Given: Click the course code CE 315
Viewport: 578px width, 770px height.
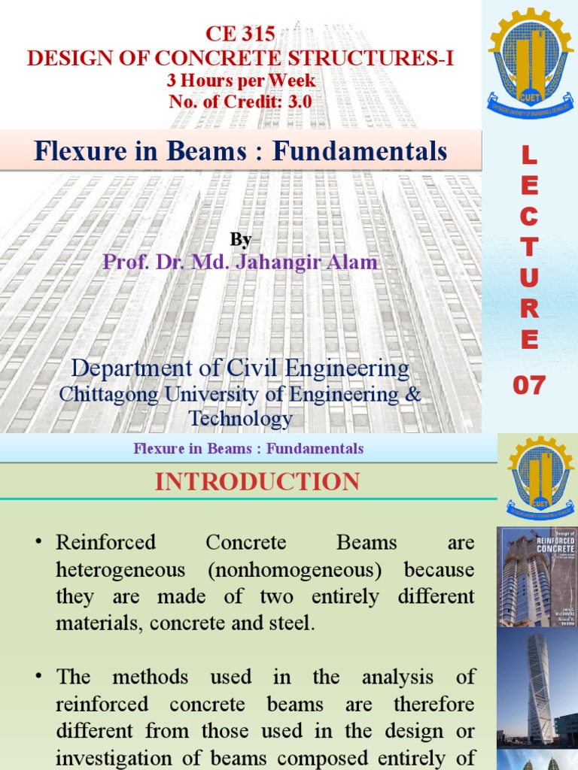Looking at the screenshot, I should click(x=240, y=35).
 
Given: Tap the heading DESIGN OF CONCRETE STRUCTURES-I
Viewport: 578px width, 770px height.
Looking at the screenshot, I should click(x=240, y=57).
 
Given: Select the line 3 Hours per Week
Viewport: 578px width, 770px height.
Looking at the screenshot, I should click(x=241, y=80).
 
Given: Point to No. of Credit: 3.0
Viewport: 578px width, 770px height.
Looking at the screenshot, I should click(x=240, y=102).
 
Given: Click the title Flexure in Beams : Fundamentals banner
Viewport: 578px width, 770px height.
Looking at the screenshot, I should click(x=241, y=152).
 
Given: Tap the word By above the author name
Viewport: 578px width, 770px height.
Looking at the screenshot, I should click(x=241, y=239).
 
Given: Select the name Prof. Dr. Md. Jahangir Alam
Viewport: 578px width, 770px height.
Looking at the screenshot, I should click(x=241, y=262).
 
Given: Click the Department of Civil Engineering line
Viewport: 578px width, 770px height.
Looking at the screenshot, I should click(x=241, y=369).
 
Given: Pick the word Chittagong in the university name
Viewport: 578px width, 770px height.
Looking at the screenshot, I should click(x=105, y=394).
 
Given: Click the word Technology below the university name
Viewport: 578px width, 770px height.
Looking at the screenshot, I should click(x=241, y=419).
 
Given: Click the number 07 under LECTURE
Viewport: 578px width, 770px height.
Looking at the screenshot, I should click(x=530, y=386).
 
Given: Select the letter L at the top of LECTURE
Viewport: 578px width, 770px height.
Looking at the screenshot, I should click(x=530, y=156).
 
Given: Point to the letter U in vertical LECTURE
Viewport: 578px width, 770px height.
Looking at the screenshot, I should click(x=530, y=277).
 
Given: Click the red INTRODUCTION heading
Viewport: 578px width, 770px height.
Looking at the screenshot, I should click(x=257, y=482).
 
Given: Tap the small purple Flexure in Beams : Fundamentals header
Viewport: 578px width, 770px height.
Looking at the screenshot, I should click(x=248, y=449).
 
